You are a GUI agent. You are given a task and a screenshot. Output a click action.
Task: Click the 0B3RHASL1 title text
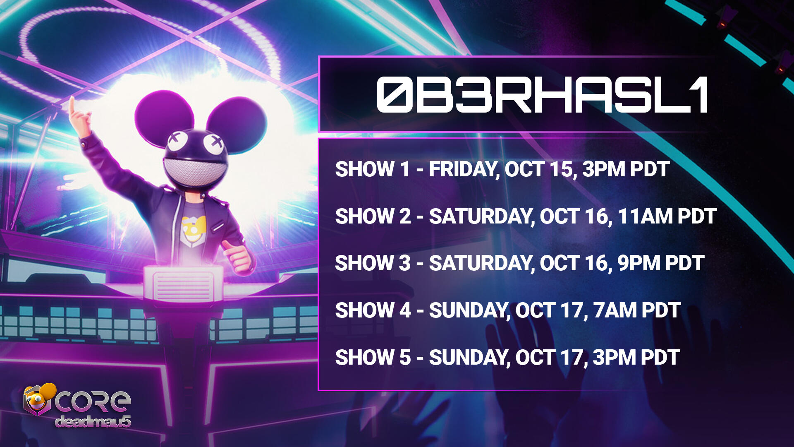542,95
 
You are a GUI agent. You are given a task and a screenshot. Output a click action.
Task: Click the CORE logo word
93,402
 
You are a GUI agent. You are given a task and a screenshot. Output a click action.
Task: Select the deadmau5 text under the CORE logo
93,421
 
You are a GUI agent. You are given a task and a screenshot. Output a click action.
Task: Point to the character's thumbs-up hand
238,257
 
